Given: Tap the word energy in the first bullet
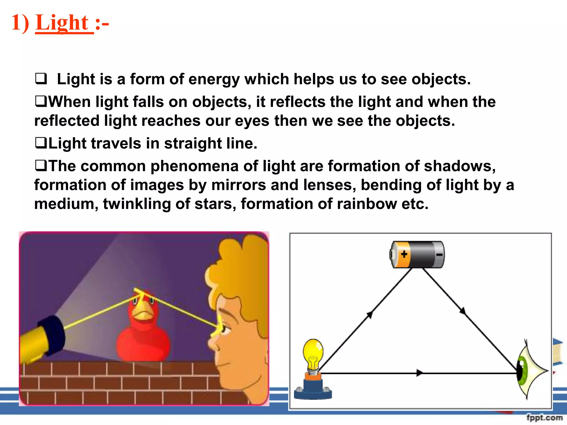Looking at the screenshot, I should (x=212, y=79).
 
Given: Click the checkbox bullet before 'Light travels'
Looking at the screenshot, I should (x=41, y=143).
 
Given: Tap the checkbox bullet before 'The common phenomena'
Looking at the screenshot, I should (x=41, y=166).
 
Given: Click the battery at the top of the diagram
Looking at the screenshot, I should (x=417, y=254).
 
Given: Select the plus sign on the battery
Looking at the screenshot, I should (x=404, y=254).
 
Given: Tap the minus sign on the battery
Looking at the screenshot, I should (x=439, y=255).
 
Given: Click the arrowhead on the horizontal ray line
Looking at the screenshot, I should (x=420, y=373).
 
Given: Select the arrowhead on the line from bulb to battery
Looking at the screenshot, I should (x=370, y=315).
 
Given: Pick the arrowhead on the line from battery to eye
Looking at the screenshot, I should (x=462, y=311).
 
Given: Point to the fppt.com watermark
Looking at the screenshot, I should (x=544, y=417).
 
